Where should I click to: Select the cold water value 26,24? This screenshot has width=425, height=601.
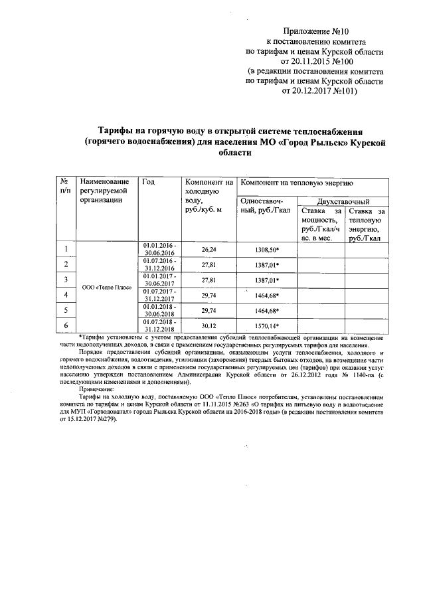(x=209, y=249)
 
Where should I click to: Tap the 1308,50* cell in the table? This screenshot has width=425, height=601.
(x=267, y=249)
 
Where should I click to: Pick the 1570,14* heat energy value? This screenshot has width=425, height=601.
(x=267, y=325)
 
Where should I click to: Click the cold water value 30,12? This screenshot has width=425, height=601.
(x=209, y=325)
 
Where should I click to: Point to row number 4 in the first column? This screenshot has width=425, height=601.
(x=66, y=295)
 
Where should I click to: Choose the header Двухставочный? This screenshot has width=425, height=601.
(x=343, y=201)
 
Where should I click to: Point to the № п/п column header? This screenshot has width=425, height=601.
(x=65, y=187)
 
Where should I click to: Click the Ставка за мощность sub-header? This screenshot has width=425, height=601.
(x=320, y=224)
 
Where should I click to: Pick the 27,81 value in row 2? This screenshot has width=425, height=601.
(x=209, y=264)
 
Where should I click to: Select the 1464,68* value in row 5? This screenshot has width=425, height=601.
(x=267, y=310)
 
